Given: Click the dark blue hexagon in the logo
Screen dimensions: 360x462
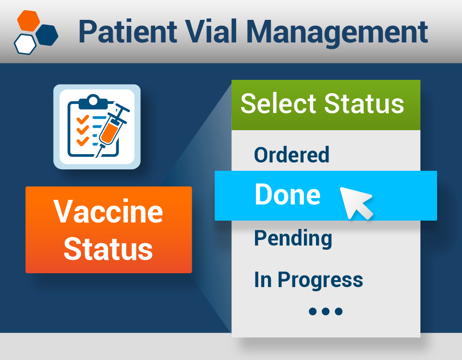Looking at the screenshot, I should point(47,35).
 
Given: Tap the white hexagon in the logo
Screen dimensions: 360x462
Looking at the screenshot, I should point(25,44).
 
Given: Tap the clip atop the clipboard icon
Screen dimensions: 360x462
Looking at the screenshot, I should point(93,100).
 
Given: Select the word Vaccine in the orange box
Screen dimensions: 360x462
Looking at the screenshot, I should point(109,211).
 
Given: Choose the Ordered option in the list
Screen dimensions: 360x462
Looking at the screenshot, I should point(292,155).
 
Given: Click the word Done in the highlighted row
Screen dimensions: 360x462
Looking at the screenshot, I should point(287,195).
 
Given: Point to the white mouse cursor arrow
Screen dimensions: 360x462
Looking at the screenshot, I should point(355,201).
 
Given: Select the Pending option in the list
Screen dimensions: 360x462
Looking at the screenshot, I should point(293,238).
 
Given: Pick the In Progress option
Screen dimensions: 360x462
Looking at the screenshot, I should point(308,280).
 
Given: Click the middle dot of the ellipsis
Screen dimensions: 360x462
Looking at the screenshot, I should point(326,312).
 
